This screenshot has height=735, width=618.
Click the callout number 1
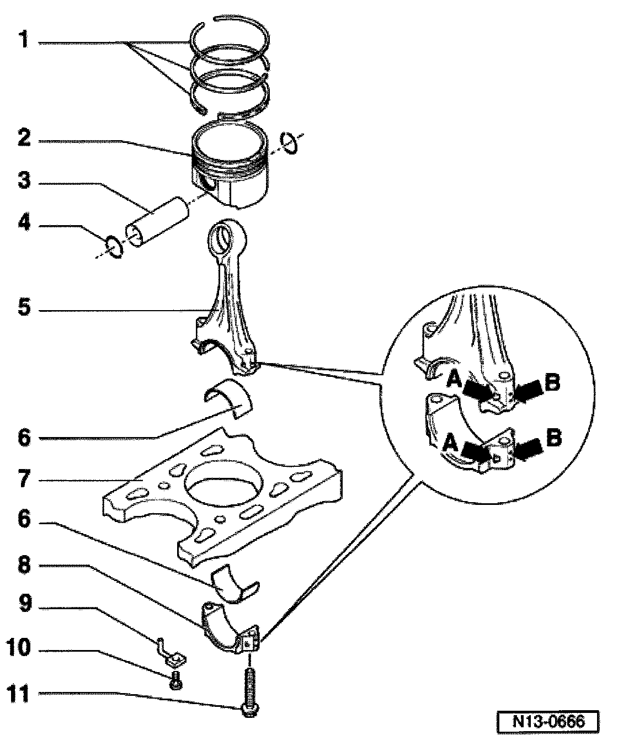[24, 39]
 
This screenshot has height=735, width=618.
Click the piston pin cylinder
[157, 222]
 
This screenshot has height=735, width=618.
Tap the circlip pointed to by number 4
[114, 246]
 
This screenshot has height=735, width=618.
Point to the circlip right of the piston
[289, 143]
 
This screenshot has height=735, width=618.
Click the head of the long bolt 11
[249, 709]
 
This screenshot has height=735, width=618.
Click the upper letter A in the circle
[454, 380]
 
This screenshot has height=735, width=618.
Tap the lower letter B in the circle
[554, 438]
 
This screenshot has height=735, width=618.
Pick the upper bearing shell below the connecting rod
[228, 398]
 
